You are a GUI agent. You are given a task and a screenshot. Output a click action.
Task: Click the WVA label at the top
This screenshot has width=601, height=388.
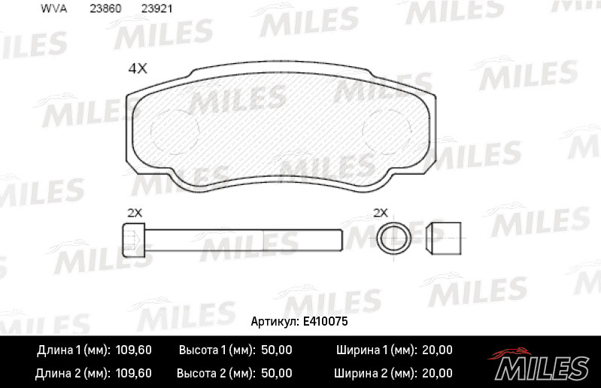(53, 8)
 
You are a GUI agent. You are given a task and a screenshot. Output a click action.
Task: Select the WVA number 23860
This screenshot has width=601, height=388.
(105, 8)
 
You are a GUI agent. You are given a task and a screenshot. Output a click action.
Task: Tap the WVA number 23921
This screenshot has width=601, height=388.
(156, 8)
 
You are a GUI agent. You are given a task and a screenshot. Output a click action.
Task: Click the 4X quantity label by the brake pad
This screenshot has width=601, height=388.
(138, 68)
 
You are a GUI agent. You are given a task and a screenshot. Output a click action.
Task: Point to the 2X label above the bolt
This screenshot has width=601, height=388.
(135, 213)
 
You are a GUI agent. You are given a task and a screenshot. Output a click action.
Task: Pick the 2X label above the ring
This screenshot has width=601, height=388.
(381, 213)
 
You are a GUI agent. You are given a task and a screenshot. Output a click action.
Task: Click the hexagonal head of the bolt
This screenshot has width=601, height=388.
(134, 240)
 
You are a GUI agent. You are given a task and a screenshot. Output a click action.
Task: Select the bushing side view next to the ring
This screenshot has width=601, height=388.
(444, 238)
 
